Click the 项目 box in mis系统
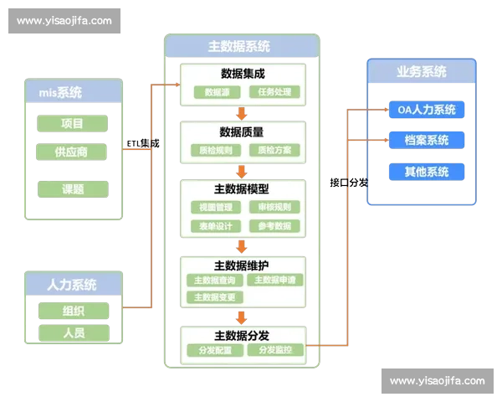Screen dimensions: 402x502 click(x=72, y=124)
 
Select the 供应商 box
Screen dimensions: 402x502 click(x=72, y=152)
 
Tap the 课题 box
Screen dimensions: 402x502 click(x=72, y=189)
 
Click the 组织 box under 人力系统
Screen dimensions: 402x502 click(x=74, y=311)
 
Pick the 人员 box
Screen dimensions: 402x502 click(x=74, y=332)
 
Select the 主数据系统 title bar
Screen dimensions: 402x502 click(x=241, y=47)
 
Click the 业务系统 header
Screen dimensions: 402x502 click(x=421, y=71)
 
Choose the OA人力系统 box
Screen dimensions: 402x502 click(x=426, y=110)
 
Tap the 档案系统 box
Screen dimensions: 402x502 click(x=426, y=140)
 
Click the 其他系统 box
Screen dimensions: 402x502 click(x=426, y=172)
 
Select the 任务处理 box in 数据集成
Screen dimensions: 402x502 click(x=274, y=92)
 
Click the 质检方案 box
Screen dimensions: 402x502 click(x=274, y=151)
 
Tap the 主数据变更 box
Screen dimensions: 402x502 click(x=215, y=297)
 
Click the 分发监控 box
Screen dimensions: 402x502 click(x=274, y=349)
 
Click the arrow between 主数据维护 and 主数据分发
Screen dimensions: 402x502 click(x=241, y=317)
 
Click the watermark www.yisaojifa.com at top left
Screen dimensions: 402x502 click(x=64, y=21)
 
